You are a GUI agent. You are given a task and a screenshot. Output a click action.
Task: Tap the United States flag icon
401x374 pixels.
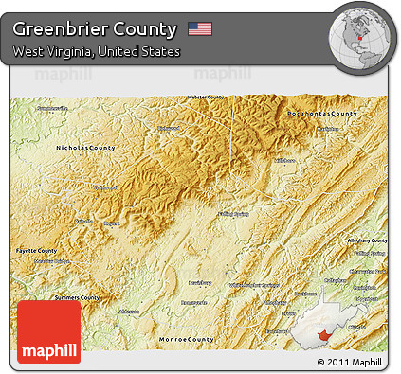(200, 28)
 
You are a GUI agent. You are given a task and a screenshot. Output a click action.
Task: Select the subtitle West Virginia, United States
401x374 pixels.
(97, 51)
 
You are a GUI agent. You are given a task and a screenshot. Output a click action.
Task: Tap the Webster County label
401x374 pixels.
(208, 98)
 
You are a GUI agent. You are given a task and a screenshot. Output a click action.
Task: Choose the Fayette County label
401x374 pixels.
(37, 250)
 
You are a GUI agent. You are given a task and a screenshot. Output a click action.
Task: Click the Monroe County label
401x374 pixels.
(186, 338)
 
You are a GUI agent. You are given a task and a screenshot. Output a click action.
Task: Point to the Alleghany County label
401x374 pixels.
(364, 240)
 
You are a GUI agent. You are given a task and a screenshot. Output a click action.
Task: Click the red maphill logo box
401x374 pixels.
(49, 330)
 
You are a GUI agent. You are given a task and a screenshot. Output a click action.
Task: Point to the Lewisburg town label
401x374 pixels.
(199, 281)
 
